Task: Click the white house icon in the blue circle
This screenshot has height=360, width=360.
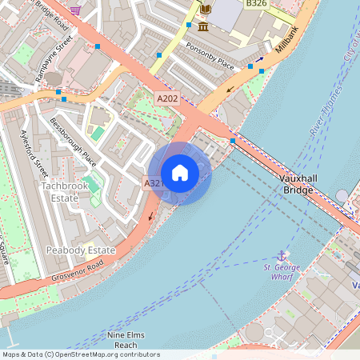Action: (x=180, y=173)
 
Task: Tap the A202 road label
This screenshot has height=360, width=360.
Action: (x=167, y=98)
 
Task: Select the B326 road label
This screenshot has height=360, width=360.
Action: (x=256, y=5)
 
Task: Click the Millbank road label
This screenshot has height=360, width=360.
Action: (x=286, y=38)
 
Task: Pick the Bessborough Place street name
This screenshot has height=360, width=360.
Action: (x=73, y=142)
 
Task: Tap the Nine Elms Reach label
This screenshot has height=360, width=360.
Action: (x=126, y=339)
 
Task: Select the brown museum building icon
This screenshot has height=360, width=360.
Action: (x=203, y=27)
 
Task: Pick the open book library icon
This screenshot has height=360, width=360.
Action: (x=206, y=9)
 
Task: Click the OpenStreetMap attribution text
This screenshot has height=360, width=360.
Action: (x=80, y=354)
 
